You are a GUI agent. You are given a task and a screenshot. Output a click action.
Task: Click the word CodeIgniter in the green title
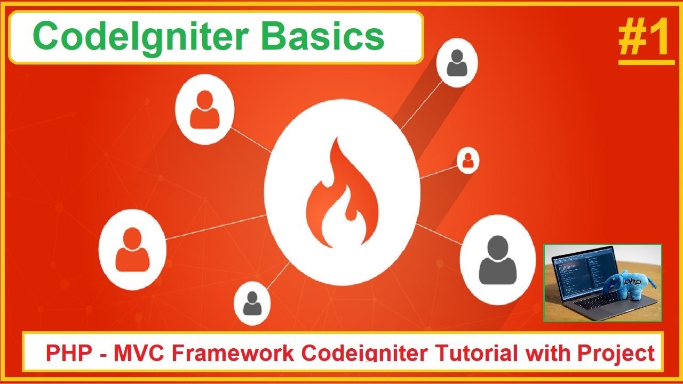point(142,36)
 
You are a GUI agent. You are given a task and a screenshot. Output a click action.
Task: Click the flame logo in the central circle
point(341,195)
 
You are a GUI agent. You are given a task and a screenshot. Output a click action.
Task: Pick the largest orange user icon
point(132,249)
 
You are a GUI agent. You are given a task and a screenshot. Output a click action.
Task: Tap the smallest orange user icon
point(467,161)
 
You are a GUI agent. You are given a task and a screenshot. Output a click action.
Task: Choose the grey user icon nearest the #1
point(457,63)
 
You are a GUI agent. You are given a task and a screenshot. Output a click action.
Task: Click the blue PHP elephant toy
point(630,285)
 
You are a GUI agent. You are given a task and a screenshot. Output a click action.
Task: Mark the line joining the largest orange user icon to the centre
point(216,227)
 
